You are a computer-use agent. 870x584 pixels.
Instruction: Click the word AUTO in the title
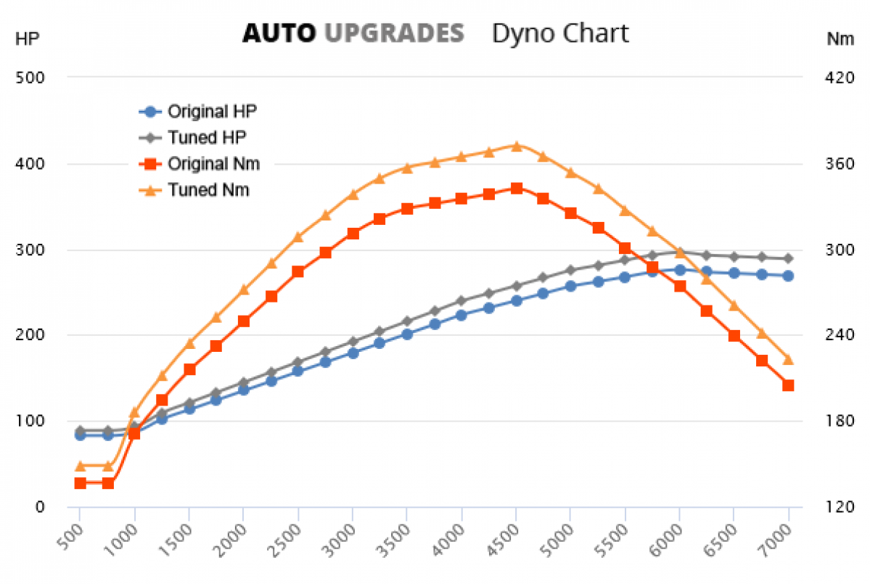point(279,33)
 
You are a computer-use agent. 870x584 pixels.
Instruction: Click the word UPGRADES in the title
point(393,33)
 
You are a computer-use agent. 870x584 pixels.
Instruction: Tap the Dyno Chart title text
point(560,33)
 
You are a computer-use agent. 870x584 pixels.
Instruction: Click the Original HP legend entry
point(212,112)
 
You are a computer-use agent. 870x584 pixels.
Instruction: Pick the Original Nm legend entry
point(213,164)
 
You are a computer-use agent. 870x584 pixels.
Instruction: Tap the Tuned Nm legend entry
point(208,190)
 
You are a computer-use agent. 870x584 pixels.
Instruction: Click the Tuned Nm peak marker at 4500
point(516,146)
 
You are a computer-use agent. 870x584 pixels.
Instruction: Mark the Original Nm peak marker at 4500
point(516,189)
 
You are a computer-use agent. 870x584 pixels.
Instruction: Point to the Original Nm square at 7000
point(788,385)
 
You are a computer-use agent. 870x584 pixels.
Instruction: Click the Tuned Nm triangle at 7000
point(788,359)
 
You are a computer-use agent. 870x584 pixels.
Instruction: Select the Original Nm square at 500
point(80,483)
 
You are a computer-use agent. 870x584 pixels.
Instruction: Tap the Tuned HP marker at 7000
point(788,258)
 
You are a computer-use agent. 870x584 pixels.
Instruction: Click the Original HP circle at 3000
point(353,353)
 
